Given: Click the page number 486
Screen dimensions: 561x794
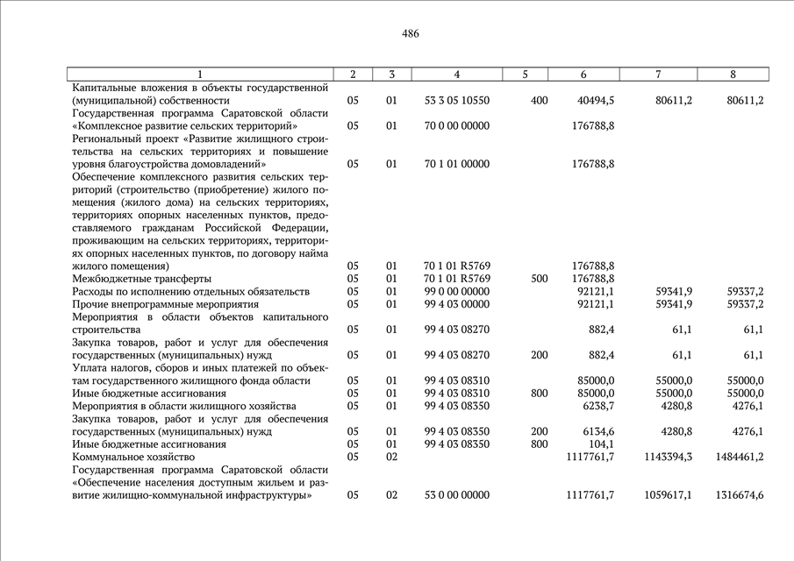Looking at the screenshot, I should click(410, 34).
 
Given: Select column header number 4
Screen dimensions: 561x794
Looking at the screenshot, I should click(456, 75).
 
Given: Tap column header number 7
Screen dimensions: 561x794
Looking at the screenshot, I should click(658, 75).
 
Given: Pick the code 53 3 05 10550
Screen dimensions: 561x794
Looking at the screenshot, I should click(456, 101).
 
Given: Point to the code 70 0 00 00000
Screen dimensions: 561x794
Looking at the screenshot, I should click(456, 126).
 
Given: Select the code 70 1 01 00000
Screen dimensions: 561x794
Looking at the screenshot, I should click(456, 164).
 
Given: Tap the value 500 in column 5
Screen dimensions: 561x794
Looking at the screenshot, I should click(539, 279).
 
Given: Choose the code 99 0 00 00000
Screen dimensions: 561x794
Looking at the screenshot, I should click(456, 291).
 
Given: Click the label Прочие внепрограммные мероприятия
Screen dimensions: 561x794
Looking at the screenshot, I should click(160, 304).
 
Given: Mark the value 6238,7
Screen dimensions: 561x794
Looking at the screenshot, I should click(597, 406).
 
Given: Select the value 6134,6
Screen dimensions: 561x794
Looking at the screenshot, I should click(597, 431).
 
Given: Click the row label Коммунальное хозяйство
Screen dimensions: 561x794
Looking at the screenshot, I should click(132, 457).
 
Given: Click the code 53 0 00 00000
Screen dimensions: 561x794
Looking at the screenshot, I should click(456, 495).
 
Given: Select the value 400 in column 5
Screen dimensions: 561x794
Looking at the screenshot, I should click(539, 101).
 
